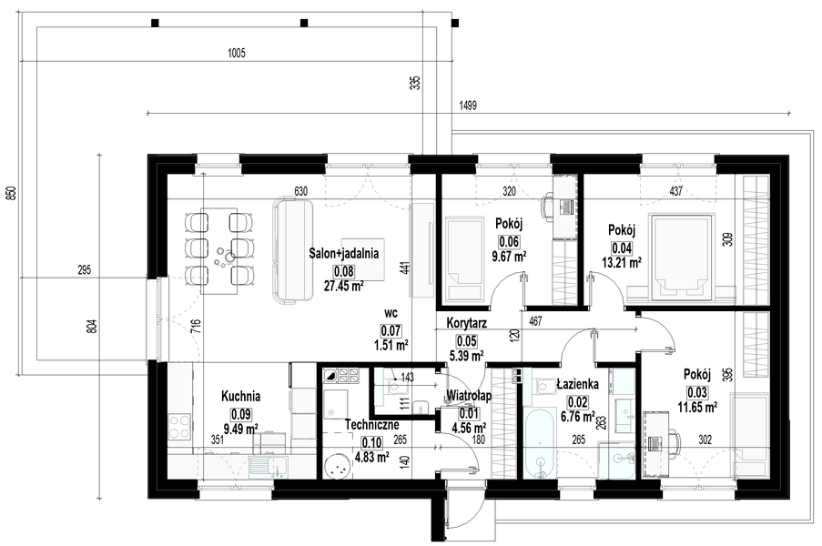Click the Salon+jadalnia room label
pos(344,254)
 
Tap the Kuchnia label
pos(240,396)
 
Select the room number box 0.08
pos(344,271)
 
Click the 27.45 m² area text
pos(344,286)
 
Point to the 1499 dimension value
pos(468,106)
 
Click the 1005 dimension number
pos(237,53)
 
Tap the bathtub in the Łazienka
pos(540,443)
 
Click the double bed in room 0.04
pos(681,257)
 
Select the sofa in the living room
pos(292,250)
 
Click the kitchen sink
pos(268,465)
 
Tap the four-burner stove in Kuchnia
pos(180,426)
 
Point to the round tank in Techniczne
pos(336,466)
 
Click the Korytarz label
pos(467,323)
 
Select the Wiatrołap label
pos(468,396)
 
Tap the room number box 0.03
pos(697,392)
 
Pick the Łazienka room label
pos(578,384)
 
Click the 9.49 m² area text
pos(240,430)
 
